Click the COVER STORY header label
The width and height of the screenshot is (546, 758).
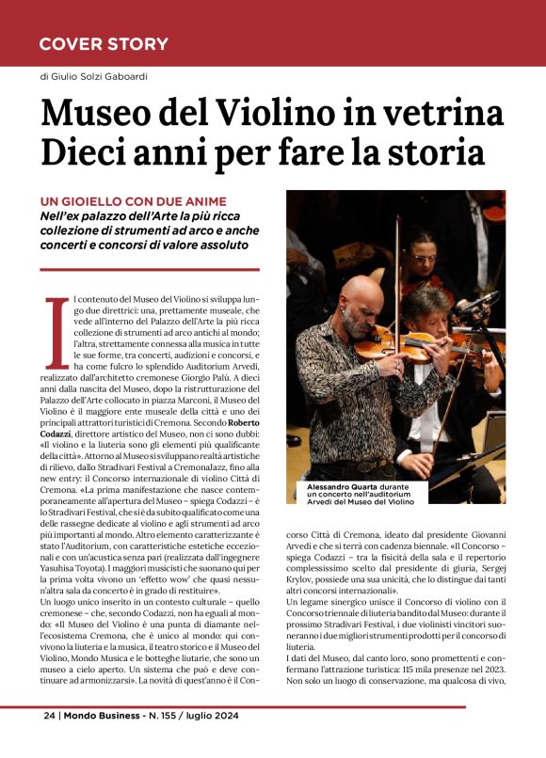104,44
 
